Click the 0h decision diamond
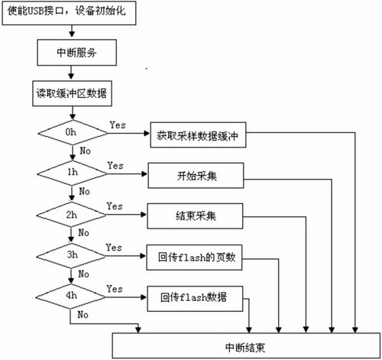coord(70,133)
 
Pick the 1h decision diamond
coord(70,174)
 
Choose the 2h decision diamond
coord(70,215)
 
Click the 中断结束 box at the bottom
coord(245,345)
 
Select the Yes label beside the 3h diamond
coord(115,248)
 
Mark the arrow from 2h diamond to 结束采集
coord(122,216)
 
